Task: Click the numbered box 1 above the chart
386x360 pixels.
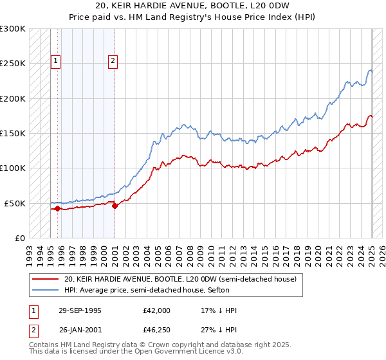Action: click(56, 61)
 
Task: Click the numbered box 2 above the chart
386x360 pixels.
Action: click(113, 61)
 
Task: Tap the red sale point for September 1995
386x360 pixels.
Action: click(57, 208)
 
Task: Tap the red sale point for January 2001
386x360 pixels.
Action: click(115, 206)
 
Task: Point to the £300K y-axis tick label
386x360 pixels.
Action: click(13, 29)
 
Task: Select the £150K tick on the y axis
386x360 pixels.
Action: click(13, 133)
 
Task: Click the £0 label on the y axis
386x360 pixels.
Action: click(19, 238)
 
